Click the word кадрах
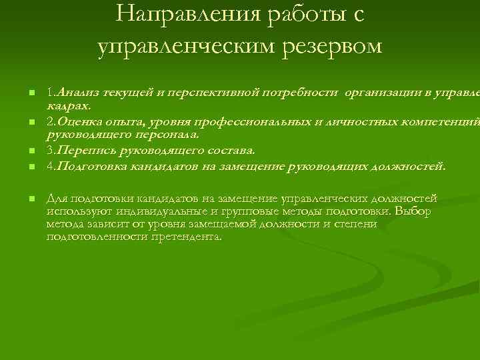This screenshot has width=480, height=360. click(69, 105)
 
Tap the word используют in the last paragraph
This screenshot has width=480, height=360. click(73, 211)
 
